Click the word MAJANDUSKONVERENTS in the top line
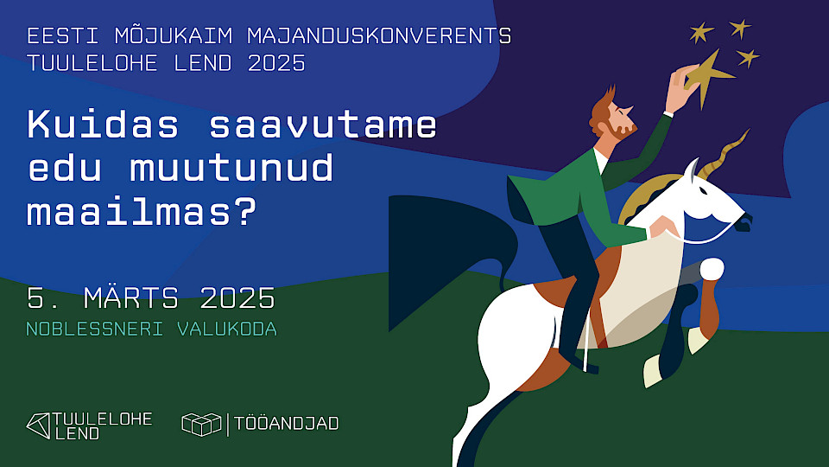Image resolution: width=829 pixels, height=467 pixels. pos(379,36)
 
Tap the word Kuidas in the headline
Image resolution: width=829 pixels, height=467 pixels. pos(103,125)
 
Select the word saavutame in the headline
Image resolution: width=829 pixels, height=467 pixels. pos(323,125)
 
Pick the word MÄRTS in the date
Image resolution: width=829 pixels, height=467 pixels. pos(131,298)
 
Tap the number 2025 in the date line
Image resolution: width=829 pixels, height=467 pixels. pos(237,298)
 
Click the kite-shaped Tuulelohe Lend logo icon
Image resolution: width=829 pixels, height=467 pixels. pos(38,425)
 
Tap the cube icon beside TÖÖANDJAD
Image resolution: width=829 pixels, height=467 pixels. pos(201,424)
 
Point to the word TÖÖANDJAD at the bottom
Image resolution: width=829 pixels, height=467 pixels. pos(288,424)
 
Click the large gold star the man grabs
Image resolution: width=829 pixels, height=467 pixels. pos(710,76)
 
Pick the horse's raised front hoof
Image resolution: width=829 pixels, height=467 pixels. pos(711,270)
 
